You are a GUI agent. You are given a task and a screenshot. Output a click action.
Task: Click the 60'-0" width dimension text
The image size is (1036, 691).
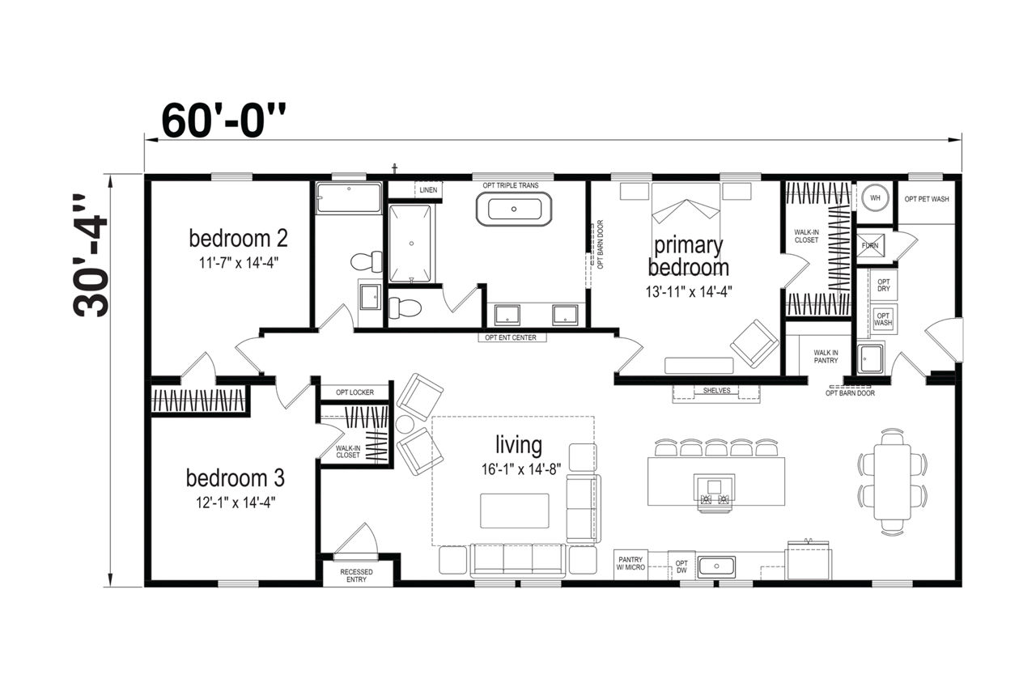224,121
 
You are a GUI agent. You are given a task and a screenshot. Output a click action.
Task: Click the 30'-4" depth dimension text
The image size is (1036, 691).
91,256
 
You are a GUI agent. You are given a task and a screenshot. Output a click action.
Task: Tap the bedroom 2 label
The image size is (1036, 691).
238,239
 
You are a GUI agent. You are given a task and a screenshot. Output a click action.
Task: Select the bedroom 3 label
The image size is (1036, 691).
235,478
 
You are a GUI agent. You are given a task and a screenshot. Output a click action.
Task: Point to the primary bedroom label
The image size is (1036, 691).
688,256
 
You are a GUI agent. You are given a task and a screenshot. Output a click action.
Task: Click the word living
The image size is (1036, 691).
519,444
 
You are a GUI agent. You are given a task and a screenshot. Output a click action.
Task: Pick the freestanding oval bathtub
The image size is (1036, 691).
514,210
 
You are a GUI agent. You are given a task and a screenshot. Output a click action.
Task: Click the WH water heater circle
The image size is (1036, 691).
874,197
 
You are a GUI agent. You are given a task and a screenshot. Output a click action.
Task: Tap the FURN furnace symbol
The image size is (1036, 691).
872,244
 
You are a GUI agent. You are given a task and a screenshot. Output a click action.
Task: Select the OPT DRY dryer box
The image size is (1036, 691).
884,284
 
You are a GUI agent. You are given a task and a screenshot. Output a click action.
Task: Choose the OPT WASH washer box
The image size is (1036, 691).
883,318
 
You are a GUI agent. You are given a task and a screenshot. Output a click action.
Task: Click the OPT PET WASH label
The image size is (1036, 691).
926,198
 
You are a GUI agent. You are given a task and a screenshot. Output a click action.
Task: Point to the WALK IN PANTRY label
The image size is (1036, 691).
825,357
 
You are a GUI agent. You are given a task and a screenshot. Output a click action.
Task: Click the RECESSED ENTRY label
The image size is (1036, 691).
356,574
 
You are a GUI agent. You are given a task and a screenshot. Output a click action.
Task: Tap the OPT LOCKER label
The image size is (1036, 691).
355,392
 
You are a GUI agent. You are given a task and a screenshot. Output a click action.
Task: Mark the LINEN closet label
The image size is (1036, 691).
429,190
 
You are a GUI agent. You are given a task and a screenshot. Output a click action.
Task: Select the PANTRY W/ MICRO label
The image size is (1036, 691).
631,564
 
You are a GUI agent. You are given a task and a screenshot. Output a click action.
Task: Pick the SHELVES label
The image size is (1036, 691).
716,391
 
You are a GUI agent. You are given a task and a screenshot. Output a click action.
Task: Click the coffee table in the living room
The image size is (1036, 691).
515,511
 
